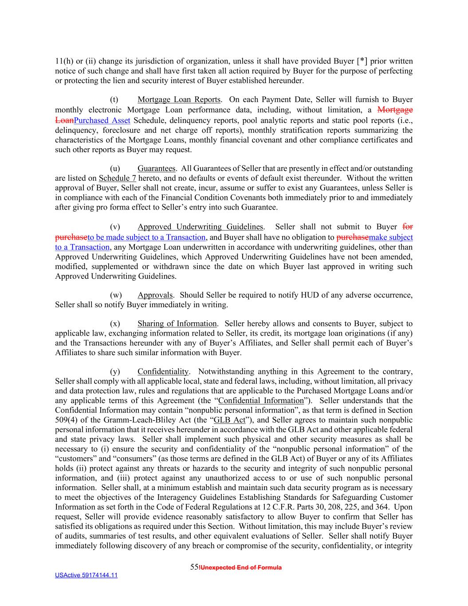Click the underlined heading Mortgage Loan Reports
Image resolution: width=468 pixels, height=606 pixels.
(179, 99)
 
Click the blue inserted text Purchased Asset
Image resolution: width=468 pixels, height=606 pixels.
(102, 120)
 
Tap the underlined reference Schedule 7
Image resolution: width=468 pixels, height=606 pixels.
(117, 178)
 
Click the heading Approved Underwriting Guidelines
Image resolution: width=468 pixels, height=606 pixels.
(200, 227)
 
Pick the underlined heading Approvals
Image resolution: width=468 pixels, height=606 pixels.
(155, 295)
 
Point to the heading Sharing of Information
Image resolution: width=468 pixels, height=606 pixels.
(177, 324)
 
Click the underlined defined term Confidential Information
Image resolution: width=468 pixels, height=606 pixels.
(261, 400)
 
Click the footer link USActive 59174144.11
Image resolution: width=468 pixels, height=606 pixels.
(86, 575)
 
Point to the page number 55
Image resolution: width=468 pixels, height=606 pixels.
(194, 567)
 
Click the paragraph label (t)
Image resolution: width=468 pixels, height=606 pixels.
(114, 99)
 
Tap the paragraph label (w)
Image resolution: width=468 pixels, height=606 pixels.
(115, 295)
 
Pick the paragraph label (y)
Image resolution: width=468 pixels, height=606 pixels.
(115, 372)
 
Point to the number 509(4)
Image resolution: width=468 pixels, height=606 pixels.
(65, 420)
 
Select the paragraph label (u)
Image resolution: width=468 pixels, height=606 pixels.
(115, 169)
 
